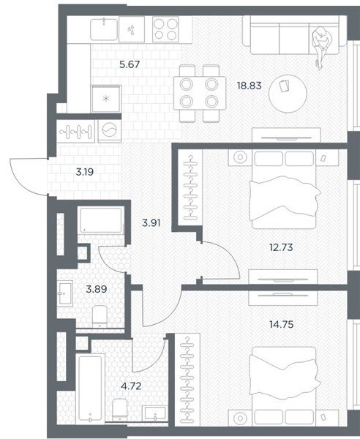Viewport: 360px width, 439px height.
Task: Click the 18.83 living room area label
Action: point(249,86)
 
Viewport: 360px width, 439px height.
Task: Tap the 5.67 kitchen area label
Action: point(130,64)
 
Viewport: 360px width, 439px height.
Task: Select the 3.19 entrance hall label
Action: point(85,172)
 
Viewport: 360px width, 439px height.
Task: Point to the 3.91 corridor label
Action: point(151,223)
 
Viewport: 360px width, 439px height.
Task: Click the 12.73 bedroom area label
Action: point(281,247)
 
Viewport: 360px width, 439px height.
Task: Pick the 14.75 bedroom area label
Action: point(281,324)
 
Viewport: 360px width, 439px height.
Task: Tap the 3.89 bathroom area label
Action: point(97,289)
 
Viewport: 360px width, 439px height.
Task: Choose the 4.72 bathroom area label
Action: point(131,386)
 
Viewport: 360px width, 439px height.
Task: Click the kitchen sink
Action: point(104,29)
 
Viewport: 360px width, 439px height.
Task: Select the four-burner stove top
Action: point(165,29)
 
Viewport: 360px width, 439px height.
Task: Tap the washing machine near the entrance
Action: point(110,130)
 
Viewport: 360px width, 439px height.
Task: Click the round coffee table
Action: point(288,94)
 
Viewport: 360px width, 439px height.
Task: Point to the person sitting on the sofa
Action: point(321,46)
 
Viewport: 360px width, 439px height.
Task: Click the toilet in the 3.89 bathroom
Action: point(100,316)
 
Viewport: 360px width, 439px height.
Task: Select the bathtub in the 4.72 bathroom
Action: point(90,389)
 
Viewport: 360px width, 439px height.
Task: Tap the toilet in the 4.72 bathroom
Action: point(120,409)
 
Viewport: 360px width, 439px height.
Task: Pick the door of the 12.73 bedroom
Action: point(221,260)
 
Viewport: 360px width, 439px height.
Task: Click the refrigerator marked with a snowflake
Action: point(106,99)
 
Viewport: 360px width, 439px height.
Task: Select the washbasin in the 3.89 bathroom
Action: point(65,293)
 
